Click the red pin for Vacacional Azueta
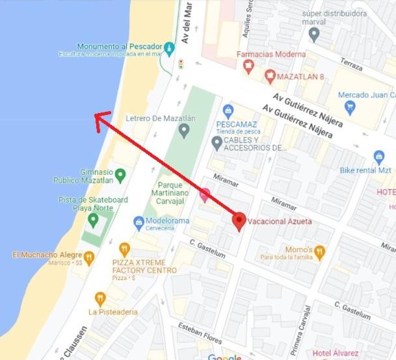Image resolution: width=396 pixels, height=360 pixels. pos(239,220)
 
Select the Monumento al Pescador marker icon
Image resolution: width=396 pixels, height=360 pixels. pos(169,47)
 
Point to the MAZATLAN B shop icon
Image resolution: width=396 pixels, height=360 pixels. pos(270,77)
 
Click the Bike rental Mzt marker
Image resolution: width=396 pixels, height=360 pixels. pos(379,157)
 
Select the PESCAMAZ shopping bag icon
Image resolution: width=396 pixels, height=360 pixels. pos(228,111)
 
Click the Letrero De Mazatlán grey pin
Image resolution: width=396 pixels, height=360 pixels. pos(184,131)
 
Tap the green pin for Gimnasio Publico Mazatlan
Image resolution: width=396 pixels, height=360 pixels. pos(120,174)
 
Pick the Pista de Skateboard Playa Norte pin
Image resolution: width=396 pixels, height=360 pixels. pos(93,220)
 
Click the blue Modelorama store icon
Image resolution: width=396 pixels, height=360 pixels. pos(139,222)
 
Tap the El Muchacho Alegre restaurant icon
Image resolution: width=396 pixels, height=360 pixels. pos(86,255)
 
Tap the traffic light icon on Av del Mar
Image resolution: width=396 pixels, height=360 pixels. pos(181,64)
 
